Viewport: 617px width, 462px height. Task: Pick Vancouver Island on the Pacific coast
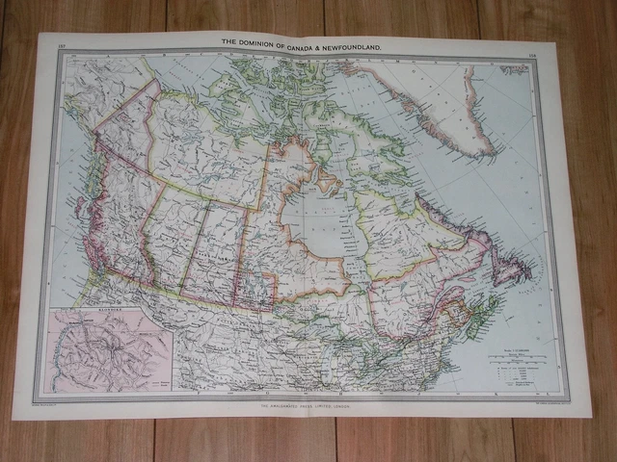click(83, 244)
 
